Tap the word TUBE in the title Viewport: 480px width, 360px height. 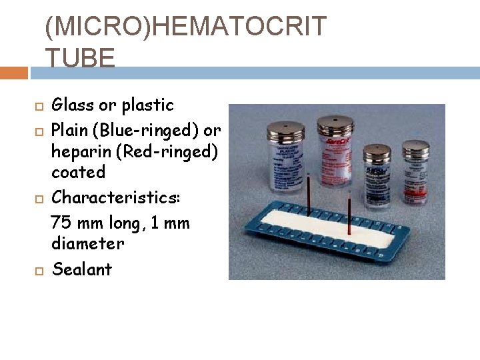[x=80, y=59]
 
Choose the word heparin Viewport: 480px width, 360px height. [x=81, y=151]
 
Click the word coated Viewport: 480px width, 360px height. [x=79, y=172]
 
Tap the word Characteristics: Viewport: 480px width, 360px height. [x=113, y=198]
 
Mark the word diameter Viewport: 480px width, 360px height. [x=87, y=244]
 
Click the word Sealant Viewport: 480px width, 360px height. [x=82, y=269]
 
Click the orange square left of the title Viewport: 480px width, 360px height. [x=14, y=72]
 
